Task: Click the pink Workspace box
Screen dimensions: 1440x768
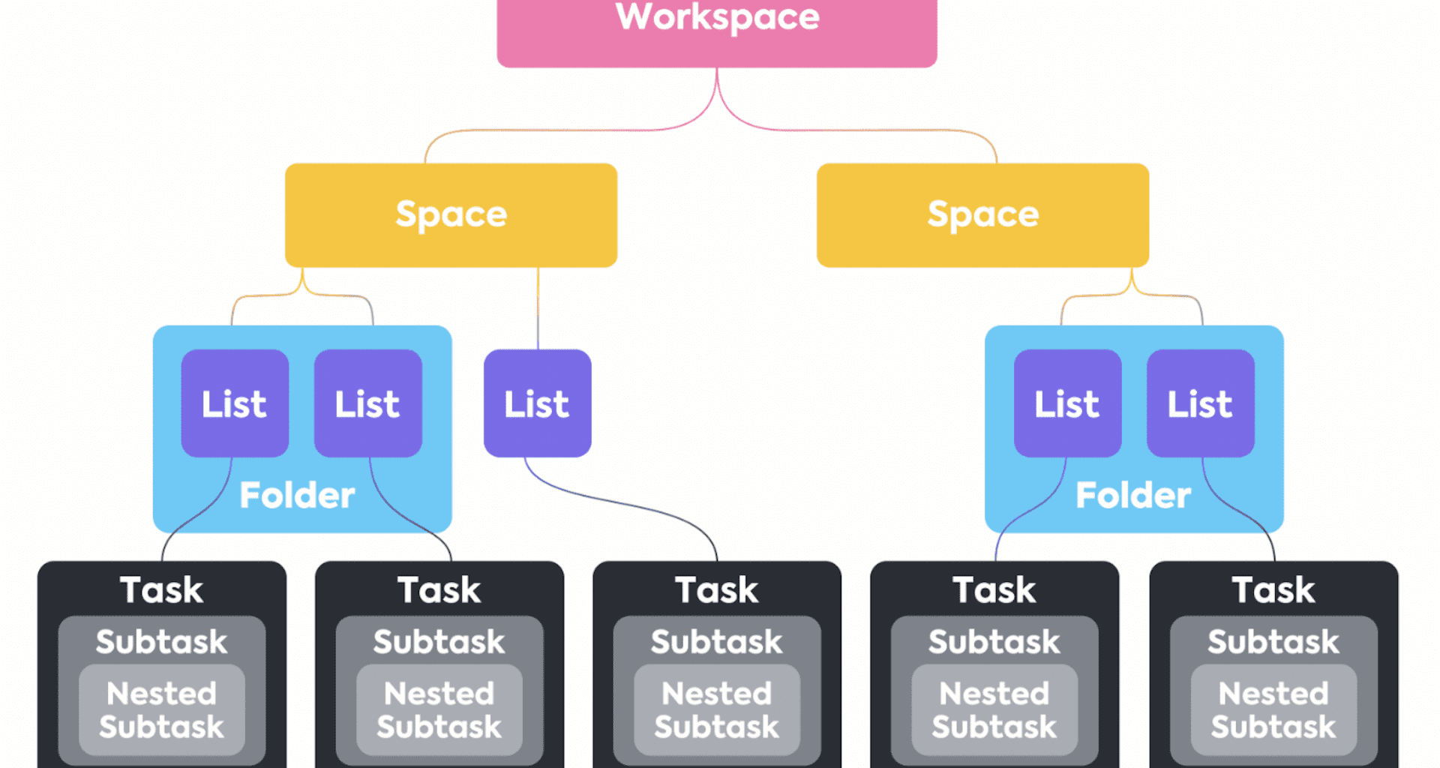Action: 717,33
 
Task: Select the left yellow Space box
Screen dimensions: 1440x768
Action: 451,215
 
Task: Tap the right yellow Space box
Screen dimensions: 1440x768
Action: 982,215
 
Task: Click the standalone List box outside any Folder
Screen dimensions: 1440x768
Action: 538,403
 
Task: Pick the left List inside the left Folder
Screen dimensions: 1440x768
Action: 235,403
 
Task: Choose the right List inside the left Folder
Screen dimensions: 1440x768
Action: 368,403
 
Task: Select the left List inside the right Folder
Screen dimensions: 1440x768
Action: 1068,403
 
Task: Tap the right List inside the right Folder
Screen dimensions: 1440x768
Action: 1201,403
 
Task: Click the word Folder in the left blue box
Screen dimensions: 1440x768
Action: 297,496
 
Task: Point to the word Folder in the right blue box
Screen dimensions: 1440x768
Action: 1133,496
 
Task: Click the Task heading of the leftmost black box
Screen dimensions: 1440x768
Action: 162,590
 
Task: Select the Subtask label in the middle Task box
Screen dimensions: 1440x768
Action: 717,642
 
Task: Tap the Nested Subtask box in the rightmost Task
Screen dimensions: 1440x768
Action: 1273,710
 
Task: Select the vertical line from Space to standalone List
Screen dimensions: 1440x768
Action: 538,308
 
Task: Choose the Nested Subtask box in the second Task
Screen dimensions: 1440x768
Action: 439,710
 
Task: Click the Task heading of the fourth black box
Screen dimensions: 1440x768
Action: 994,590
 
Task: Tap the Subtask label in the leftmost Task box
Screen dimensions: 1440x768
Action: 162,642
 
